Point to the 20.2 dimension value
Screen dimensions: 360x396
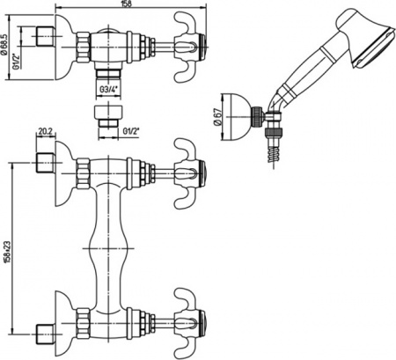45,135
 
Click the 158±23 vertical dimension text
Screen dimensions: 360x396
9,249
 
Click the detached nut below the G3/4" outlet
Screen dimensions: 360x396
106,117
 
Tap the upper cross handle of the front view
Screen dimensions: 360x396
187,165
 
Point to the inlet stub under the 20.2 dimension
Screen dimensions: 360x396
43,164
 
